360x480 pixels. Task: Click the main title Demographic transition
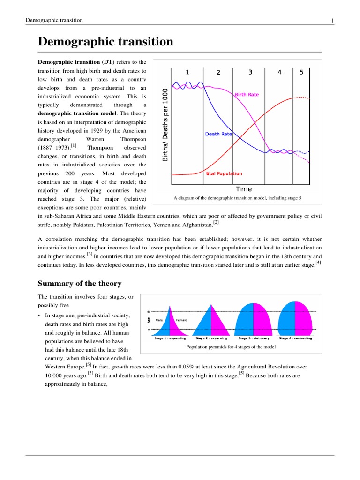105,42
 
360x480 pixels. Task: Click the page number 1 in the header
332,20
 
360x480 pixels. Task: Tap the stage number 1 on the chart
187,72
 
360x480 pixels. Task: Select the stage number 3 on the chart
250,72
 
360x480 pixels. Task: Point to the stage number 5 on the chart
301,72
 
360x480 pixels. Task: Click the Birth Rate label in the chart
247,94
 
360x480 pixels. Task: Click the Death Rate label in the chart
219,134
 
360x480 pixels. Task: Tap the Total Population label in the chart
224,173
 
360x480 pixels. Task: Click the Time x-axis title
243,189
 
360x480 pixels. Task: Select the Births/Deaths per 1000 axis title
165,125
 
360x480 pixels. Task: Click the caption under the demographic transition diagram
237,198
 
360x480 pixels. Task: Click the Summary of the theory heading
79,284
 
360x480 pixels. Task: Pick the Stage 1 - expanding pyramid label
170,337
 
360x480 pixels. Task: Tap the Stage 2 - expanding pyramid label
211,337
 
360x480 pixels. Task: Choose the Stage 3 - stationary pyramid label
254,337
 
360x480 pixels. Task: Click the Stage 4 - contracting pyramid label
295,337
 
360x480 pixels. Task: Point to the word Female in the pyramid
181,320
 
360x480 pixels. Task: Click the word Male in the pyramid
159,320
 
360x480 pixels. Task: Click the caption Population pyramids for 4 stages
231,347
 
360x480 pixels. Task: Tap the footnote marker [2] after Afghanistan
216,222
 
